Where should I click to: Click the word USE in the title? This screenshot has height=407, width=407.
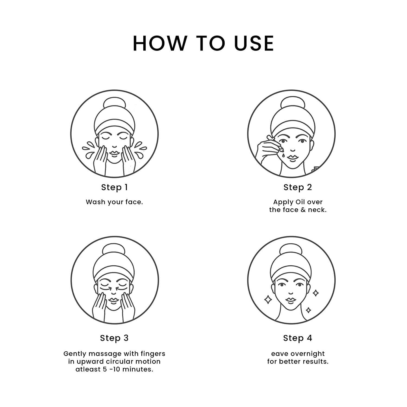(x=254, y=43)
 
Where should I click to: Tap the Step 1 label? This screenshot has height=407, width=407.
(x=114, y=187)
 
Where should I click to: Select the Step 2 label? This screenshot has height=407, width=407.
(x=298, y=187)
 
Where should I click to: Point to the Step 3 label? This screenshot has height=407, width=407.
(x=114, y=338)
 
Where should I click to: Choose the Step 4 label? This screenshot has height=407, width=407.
(x=298, y=338)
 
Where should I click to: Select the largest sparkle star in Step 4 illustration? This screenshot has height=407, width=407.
(x=268, y=300)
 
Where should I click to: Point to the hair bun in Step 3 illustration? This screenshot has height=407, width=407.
(x=114, y=251)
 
